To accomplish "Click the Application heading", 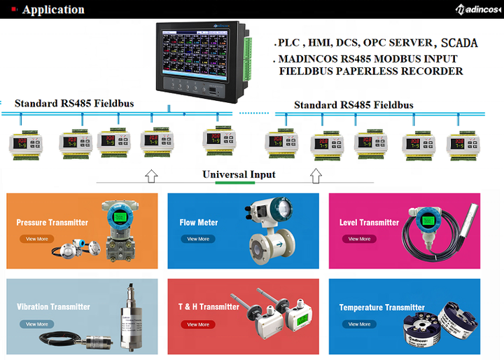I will point(53,10).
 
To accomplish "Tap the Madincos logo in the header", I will point(477,9).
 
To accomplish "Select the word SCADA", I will point(460,43).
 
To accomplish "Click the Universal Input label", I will point(239,174).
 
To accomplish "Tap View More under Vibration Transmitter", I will point(36,324).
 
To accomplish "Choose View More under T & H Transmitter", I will point(197,324).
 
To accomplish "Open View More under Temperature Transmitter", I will point(359,324).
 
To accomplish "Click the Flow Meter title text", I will point(199,223).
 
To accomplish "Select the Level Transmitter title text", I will point(369,223).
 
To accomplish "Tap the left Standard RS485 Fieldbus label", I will point(74,104).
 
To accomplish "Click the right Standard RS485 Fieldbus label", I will point(353,105).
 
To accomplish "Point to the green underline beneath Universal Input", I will point(235,183).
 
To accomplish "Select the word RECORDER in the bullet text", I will point(433,71).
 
